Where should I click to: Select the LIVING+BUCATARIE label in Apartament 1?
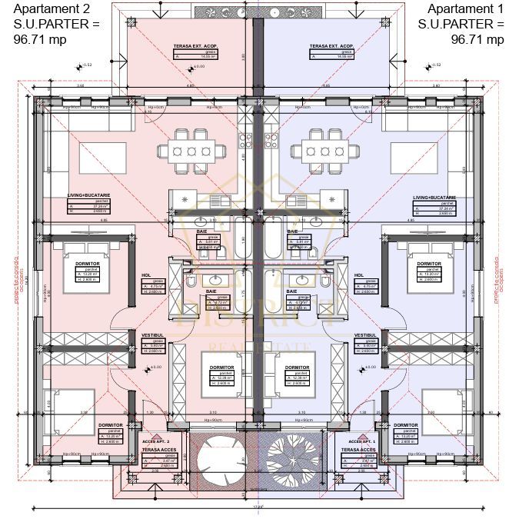tap(434, 198)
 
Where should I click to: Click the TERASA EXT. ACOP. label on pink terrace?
tap(195, 47)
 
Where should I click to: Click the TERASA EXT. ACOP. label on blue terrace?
tap(332, 47)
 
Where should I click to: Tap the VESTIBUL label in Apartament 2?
tap(151, 335)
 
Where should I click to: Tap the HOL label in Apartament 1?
tap(358, 274)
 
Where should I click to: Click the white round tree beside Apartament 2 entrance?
tap(219, 460)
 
